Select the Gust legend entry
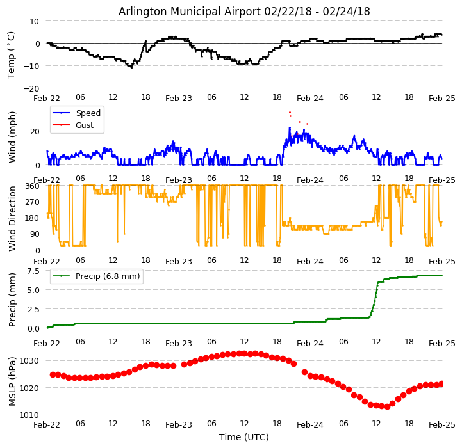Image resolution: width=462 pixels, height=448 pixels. pos(85,125)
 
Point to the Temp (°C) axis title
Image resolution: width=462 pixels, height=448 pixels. pos(12,54)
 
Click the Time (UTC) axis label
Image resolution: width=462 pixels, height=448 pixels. pos(244,437)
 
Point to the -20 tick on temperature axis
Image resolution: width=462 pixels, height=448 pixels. pos(31,88)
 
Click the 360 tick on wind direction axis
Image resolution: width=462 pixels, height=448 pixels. pos(33,186)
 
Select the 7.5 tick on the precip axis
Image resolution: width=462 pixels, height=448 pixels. pos(33,271)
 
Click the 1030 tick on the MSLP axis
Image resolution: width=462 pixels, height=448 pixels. pos(29,361)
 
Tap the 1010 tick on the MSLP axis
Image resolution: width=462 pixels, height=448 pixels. pos(29,415)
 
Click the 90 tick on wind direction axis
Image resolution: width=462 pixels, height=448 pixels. pos(35,234)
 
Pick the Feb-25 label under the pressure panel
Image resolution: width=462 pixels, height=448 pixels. pos(441,424)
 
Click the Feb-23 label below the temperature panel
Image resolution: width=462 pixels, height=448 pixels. pos(179,99)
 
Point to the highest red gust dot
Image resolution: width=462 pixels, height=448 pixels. pos(290,113)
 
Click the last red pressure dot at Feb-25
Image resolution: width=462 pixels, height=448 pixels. pos(441,383)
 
